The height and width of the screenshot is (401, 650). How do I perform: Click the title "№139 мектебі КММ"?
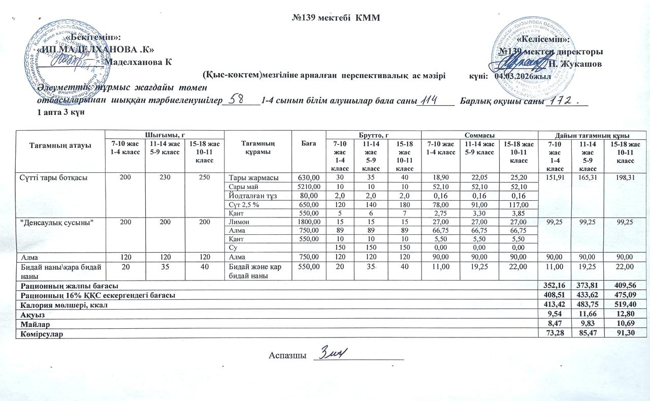337,17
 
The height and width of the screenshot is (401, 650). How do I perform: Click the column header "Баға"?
309,144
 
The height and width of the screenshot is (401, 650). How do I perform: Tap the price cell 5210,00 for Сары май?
309,187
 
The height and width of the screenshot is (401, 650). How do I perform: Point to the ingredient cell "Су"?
233,247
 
